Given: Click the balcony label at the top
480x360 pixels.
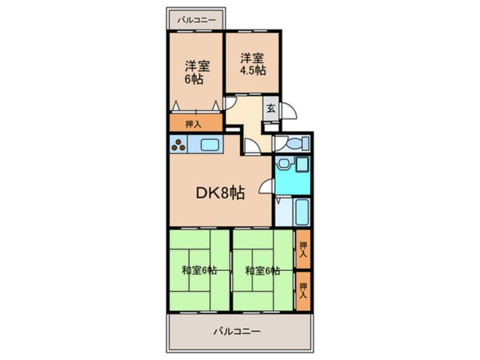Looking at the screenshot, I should click(196, 20).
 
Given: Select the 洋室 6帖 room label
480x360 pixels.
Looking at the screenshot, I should click(196, 72).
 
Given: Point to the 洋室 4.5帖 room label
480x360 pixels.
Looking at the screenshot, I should click(252, 64).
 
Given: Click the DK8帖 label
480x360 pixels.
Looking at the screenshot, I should click(220, 193).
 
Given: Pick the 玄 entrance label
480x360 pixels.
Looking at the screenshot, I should click(271, 109).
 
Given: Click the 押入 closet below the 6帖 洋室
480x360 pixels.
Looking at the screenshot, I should click(195, 123).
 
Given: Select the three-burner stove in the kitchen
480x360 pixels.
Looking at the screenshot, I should click(178, 144).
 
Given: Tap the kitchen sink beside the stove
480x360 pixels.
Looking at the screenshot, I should click(209, 144).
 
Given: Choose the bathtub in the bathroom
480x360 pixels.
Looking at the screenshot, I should click(301, 212).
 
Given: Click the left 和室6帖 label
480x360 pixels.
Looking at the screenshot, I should click(199, 270).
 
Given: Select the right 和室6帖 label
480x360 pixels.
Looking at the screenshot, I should click(262, 270).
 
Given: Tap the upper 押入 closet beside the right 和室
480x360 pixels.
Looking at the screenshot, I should click(304, 250).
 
